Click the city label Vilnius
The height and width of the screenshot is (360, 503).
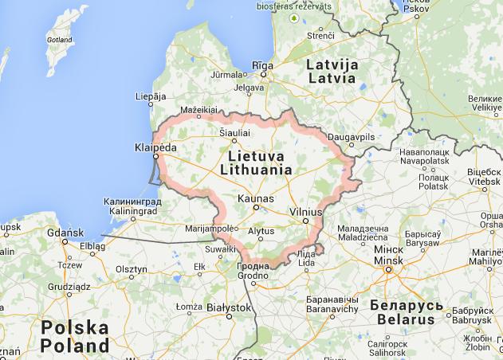click(305, 213)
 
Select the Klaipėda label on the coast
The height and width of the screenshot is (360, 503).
click(155, 147)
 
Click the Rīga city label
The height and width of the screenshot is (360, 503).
click(262, 65)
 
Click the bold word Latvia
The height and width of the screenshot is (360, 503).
click(332, 78)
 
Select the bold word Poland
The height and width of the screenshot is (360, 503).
click(74, 346)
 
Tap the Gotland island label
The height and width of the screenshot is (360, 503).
click(60, 38)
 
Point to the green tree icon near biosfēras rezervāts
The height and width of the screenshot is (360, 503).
click(295, 17)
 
